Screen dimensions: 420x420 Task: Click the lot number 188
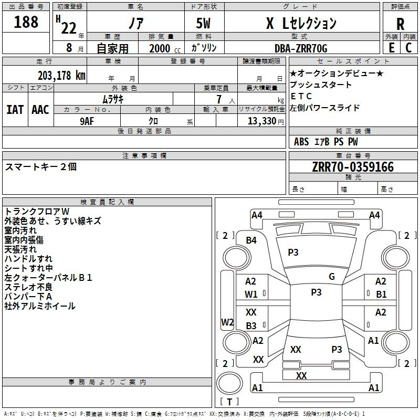pyautogui.click(x=26, y=22)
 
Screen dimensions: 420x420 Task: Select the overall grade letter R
pyautogui.click(x=400, y=24)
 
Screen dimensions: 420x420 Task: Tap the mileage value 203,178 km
pyautogui.click(x=61, y=76)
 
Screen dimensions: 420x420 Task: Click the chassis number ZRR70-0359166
pyautogui.click(x=353, y=167)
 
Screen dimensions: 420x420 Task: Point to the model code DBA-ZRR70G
pyautogui.click(x=301, y=48)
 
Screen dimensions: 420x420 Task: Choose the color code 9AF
pyautogui.click(x=87, y=121)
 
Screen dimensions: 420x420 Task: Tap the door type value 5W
pyautogui.click(x=203, y=23)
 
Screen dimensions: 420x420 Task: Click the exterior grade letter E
pyautogui.click(x=392, y=48)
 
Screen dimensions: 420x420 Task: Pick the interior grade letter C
pyautogui.click(x=408, y=48)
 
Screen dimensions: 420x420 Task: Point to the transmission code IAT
pyautogui.click(x=15, y=110)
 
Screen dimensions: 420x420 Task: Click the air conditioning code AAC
pyautogui.click(x=40, y=110)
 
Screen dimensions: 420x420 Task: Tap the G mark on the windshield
pyautogui.click(x=332, y=277)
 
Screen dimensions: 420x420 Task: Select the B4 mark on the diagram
pyautogui.click(x=251, y=240)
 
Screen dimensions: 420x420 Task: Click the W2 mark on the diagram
pyautogui.click(x=227, y=322)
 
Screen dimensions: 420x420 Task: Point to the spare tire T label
pyautogui.click(x=229, y=402)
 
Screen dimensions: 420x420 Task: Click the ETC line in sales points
pyautogui.click(x=301, y=96)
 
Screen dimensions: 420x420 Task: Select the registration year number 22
pyautogui.click(x=69, y=28)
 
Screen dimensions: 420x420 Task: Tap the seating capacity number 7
pyautogui.click(x=219, y=99)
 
